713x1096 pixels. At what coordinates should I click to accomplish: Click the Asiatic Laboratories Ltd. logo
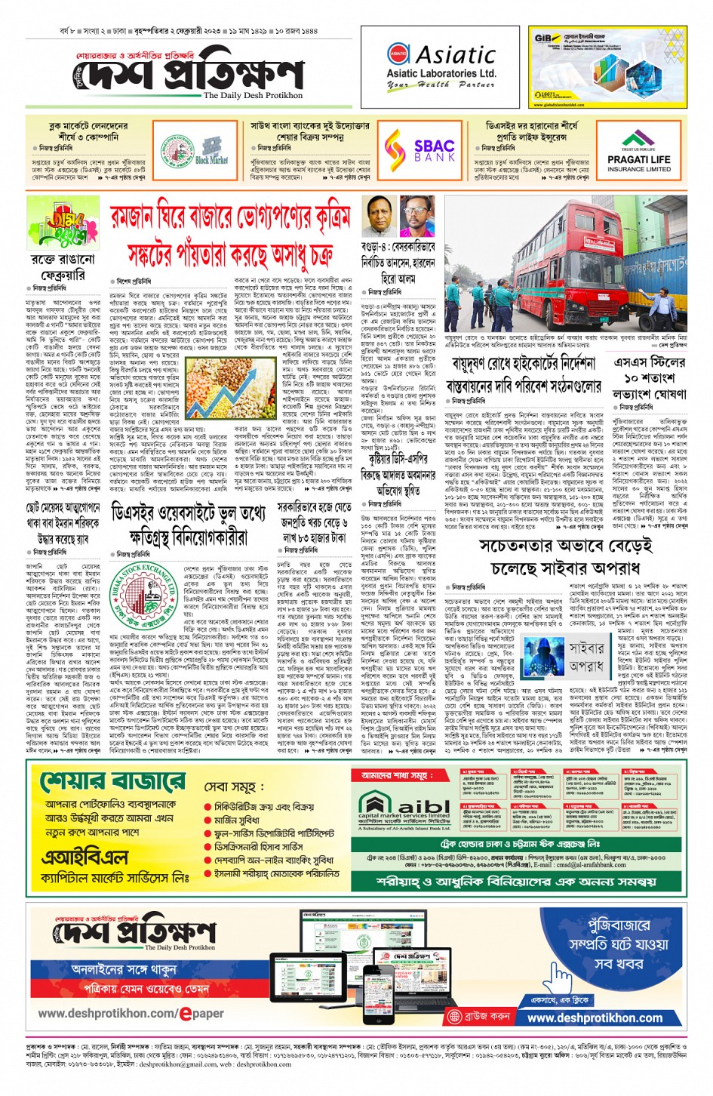441,66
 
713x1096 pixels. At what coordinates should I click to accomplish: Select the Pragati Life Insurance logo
638,153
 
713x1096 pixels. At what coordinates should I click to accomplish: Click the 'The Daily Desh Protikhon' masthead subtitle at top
253,96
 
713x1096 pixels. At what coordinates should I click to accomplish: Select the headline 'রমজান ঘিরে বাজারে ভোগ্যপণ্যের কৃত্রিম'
230,218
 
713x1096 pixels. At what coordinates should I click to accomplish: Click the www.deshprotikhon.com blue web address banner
594,1017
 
